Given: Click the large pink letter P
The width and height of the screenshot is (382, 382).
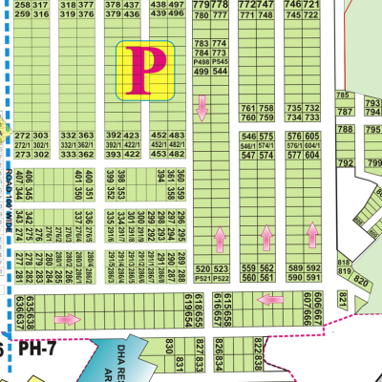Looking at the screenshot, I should [146, 70].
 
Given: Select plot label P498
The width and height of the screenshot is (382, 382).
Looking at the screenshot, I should [201, 61].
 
